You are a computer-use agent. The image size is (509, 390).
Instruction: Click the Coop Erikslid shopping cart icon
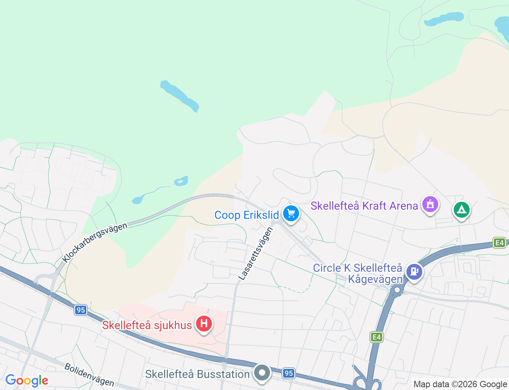click(291, 214)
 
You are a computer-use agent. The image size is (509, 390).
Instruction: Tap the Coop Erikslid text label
click(247, 215)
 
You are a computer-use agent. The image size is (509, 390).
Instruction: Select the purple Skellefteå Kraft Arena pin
click(430, 205)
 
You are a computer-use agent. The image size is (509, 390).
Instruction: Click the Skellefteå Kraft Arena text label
click(364, 206)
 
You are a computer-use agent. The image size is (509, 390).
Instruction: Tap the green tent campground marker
click(461, 209)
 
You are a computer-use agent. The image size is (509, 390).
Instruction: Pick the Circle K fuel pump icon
click(414, 272)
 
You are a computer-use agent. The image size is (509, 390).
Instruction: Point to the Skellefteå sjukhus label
click(147, 325)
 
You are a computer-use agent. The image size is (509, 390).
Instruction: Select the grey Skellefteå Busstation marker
click(262, 373)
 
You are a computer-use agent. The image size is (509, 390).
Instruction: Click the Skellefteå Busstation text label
click(197, 374)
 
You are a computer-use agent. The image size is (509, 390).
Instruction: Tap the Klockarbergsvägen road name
click(95, 242)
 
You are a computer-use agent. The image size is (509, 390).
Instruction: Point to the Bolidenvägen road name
click(89, 374)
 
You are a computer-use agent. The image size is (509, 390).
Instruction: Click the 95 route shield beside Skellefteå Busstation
click(289, 373)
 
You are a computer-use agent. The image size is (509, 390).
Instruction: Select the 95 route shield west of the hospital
click(81, 310)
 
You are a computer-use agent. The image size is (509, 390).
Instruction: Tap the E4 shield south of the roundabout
click(376, 337)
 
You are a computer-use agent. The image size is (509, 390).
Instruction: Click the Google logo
click(27, 380)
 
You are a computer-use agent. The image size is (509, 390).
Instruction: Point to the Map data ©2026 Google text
click(460, 384)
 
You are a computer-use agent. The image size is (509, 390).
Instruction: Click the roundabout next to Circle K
click(396, 290)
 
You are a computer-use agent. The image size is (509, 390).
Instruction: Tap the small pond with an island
click(181, 181)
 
